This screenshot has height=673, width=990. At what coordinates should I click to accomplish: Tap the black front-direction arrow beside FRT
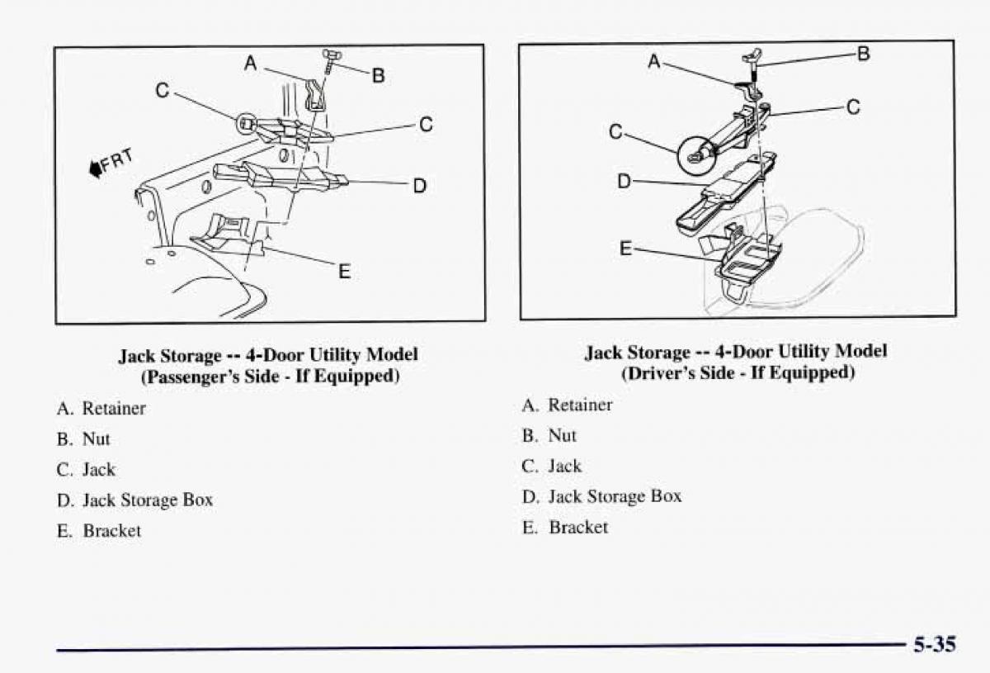[x=96, y=169]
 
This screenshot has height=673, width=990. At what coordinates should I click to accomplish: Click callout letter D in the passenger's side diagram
[x=419, y=186]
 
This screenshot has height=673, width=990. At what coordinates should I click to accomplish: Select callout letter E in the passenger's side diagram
[x=344, y=270]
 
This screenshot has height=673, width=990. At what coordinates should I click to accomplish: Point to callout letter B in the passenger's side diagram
[x=378, y=76]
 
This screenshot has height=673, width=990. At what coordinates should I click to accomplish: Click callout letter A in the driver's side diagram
[x=653, y=60]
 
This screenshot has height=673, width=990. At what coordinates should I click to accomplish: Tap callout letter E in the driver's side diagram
[x=626, y=247]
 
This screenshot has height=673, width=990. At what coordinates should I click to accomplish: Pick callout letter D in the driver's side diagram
[x=625, y=180]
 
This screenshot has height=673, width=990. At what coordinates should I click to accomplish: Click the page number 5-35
[x=934, y=643]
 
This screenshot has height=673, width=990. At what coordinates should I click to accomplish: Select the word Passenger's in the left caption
[x=183, y=377]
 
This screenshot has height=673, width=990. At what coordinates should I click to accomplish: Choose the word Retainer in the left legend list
[x=114, y=408]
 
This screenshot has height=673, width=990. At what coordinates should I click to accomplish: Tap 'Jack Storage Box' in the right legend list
[x=615, y=496]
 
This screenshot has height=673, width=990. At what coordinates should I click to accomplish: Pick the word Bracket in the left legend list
[x=111, y=531]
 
